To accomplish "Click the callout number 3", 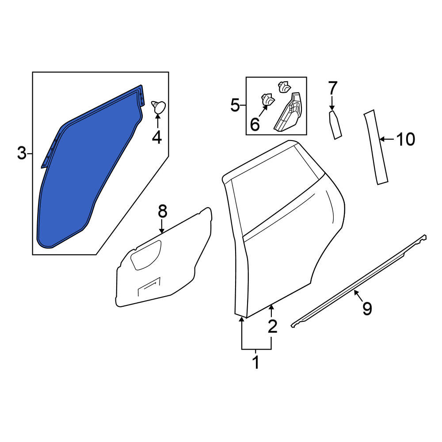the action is coord(22,154).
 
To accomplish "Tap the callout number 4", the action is coord(157,137).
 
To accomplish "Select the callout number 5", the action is coord(235,106).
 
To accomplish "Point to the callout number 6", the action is coord(255,124).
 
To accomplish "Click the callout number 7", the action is coord(333,88).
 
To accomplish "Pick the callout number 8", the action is coord(163,211).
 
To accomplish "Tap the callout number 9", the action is coord(367,309).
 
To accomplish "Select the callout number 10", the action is coord(406,139).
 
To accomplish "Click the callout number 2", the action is coord(273,327).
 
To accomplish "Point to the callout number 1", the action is coord(255,362).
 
